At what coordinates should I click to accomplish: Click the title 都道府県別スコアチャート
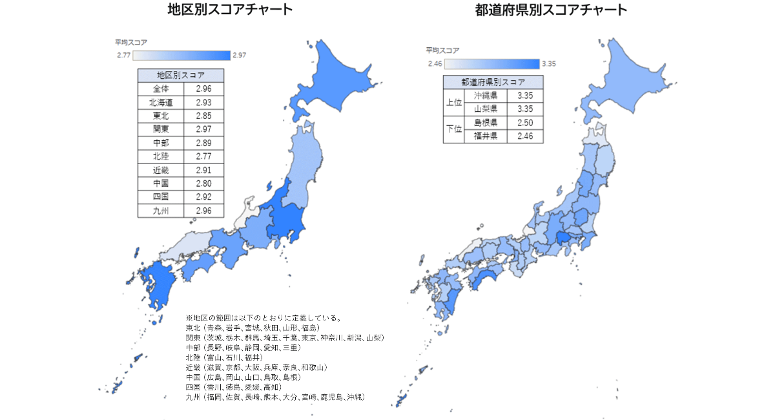551,10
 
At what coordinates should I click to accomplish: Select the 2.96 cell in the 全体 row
203,89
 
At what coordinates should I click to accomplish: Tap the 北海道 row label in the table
161,102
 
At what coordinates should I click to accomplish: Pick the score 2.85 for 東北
203,116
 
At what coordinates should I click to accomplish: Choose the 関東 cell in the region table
161,129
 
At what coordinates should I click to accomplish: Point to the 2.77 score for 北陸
203,156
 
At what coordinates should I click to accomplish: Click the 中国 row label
161,184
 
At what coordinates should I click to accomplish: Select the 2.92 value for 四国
203,197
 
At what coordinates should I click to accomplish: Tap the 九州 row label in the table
161,211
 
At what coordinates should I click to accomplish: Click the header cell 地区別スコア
181,75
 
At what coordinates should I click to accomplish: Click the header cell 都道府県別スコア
493,82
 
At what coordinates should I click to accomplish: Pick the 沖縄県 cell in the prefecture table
485,96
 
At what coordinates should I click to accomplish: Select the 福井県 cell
485,136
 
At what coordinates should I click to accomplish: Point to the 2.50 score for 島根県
525,123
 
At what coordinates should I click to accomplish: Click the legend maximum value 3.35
549,63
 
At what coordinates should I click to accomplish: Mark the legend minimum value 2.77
123,55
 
